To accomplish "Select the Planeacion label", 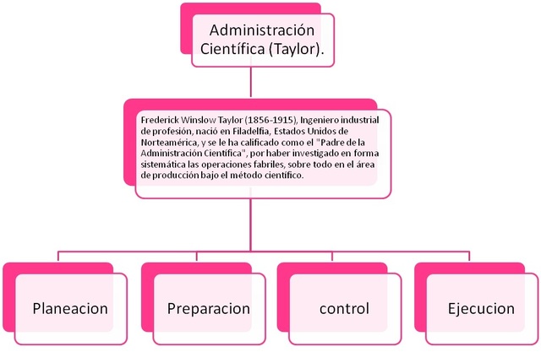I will click(70, 308).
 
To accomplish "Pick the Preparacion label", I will click(209, 308).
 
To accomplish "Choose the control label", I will click(344, 308).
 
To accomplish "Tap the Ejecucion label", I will click(481, 308).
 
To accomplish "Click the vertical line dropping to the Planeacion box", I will click(58, 257).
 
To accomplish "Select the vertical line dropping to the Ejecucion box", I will click(468, 257).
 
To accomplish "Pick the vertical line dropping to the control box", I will click(331, 257).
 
